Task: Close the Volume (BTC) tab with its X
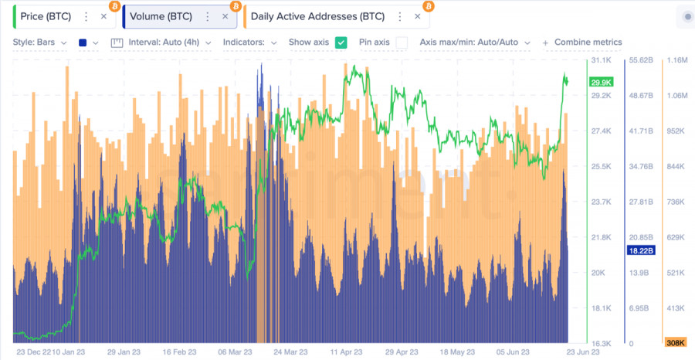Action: tap(225, 15)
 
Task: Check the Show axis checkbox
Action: tap(341, 42)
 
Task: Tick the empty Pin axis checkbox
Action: tap(402, 42)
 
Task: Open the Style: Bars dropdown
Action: tap(39, 42)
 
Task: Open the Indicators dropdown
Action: tap(249, 42)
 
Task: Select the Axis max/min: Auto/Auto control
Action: tap(473, 42)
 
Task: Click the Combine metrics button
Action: tap(582, 42)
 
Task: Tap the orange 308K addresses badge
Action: tap(676, 343)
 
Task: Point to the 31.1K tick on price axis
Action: tap(602, 60)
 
